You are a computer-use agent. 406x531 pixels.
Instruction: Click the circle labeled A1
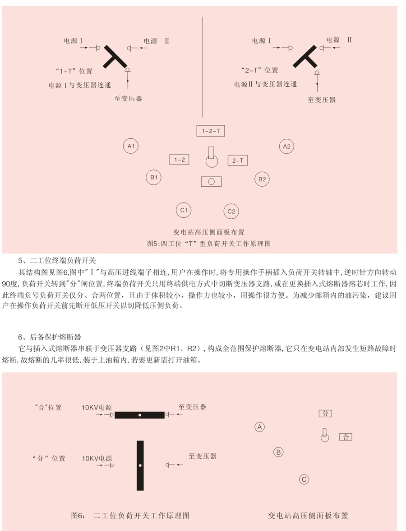(x=131, y=146)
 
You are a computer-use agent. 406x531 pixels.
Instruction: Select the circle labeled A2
(x=286, y=146)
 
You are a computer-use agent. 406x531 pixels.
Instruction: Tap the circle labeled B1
(x=153, y=178)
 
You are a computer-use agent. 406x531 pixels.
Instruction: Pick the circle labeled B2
(x=262, y=179)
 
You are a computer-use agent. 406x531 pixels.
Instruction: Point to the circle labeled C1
(x=184, y=210)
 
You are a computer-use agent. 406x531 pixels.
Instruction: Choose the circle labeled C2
(x=231, y=211)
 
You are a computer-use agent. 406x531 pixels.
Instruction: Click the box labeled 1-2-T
(x=211, y=131)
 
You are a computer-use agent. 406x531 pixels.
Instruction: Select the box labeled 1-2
(x=179, y=160)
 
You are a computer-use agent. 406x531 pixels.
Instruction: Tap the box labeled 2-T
(x=238, y=160)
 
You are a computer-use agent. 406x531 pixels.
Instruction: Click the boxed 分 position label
(x=325, y=414)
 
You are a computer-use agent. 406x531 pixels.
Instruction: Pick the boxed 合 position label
(x=346, y=437)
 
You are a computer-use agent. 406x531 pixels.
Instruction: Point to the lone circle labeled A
(x=259, y=427)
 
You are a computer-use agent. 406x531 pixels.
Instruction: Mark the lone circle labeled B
(x=279, y=451)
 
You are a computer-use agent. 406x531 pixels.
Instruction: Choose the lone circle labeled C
(x=304, y=479)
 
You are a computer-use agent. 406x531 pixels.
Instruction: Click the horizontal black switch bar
(x=139, y=415)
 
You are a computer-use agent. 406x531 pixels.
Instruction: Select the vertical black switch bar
(x=140, y=465)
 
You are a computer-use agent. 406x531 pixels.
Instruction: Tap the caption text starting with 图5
(x=209, y=243)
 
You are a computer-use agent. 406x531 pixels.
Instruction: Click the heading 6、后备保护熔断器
(x=50, y=337)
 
